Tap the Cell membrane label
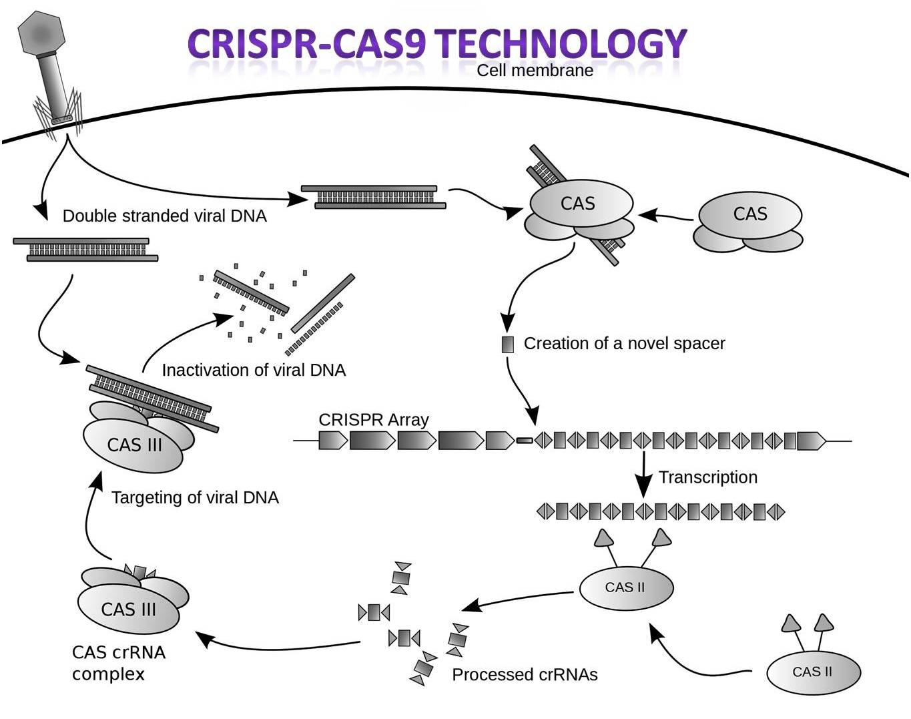535,71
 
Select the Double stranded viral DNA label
164,216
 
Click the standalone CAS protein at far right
749,215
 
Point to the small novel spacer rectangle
508,344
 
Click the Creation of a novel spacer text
624,344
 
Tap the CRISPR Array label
373,420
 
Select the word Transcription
707,477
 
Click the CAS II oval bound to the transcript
625,588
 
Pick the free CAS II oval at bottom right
812,672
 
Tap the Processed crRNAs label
525,675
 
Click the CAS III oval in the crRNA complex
129,610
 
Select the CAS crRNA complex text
118,663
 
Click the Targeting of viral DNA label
195,498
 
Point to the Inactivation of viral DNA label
254,371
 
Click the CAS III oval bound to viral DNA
133,445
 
